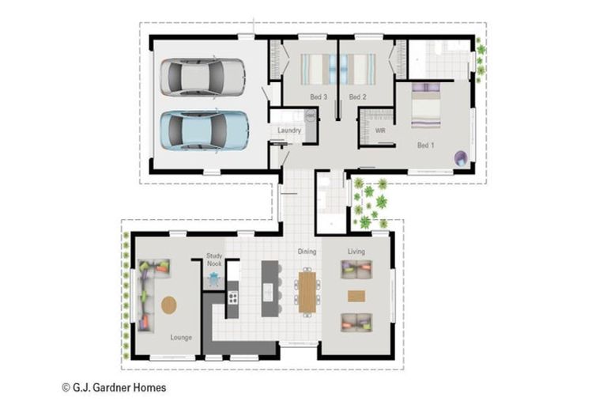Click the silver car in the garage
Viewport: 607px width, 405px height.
click(202, 77)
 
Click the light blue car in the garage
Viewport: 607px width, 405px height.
click(204, 131)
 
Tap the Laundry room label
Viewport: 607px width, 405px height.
click(289, 131)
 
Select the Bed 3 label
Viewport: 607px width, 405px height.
click(319, 97)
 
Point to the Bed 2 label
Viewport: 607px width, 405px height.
click(357, 97)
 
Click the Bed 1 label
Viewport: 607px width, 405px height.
click(425, 146)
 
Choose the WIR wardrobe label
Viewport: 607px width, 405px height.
click(380, 131)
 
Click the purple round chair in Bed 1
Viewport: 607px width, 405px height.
click(461, 158)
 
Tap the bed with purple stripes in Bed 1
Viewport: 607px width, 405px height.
click(426, 105)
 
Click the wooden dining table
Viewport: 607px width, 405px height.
click(307, 292)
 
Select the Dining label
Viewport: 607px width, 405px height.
click(307, 252)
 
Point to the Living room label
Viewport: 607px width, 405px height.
click(356, 252)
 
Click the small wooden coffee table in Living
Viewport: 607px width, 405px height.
click(356, 296)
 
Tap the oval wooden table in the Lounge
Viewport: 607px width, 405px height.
click(169, 305)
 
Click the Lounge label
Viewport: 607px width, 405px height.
click(181, 338)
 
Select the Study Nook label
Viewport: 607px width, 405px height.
click(214, 259)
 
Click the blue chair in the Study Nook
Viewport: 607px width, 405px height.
click(213, 278)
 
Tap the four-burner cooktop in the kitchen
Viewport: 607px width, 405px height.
click(232, 297)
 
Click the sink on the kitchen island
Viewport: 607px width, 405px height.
click(268, 291)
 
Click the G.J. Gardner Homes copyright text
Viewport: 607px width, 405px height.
click(114, 388)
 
